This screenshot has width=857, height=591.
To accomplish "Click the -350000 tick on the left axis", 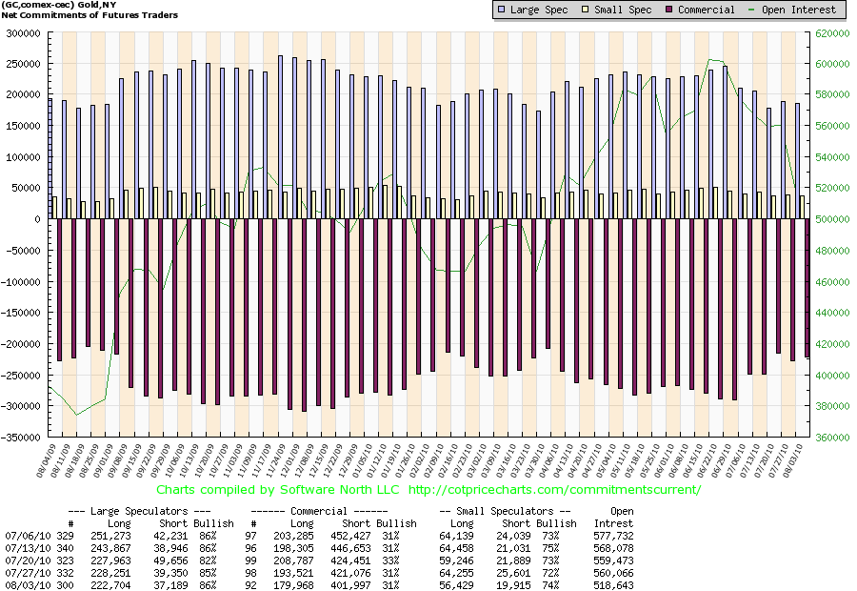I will coord(24,438).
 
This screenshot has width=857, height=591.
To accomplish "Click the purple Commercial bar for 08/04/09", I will coord(59,290).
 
